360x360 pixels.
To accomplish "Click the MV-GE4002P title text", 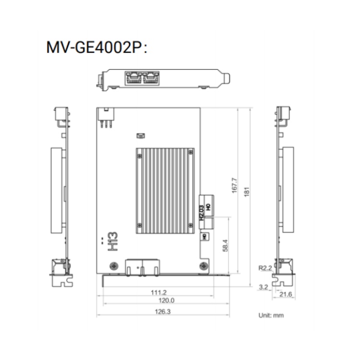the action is point(96,48).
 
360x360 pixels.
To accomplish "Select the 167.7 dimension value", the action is point(234,185).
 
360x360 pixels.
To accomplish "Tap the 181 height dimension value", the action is point(247,192).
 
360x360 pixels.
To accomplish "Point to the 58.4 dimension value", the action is point(225,245).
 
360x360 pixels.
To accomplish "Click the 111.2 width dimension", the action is point(159,292).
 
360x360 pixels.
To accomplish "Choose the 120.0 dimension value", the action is point(167,300).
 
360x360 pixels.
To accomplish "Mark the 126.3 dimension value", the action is point(163,312).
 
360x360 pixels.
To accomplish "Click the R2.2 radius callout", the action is point(265,268).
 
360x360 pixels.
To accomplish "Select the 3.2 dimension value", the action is point(264,287).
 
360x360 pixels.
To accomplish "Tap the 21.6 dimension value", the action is point(286,294).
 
